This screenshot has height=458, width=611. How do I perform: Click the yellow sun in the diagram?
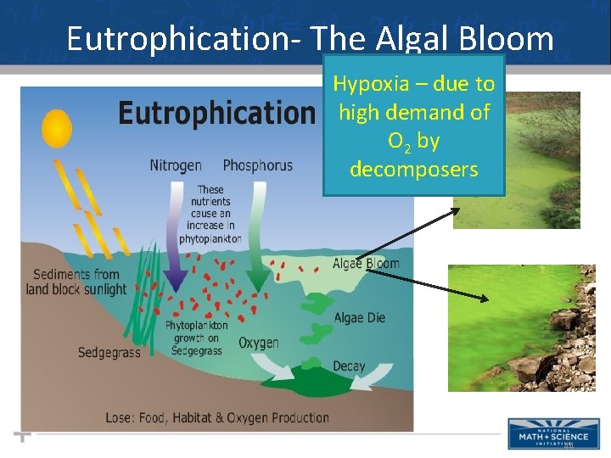(57, 127)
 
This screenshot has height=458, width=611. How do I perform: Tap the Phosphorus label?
(257, 165)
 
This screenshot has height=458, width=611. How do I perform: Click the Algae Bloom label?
(366, 264)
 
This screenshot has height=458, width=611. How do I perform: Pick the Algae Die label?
(360, 318)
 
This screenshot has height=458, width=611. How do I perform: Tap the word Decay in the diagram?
(349, 366)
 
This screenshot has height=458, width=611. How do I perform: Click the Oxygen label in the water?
(259, 343)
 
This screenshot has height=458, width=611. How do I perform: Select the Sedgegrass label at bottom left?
(109, 353)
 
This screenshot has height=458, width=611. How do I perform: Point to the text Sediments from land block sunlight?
(76, 282)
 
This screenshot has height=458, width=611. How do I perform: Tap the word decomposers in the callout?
(413, 169)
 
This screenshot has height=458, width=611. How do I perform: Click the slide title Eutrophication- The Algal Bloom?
(310, 38)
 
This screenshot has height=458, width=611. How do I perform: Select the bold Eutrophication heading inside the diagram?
(216, 113)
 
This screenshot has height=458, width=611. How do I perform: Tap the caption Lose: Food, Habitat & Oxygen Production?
(217, 417)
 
